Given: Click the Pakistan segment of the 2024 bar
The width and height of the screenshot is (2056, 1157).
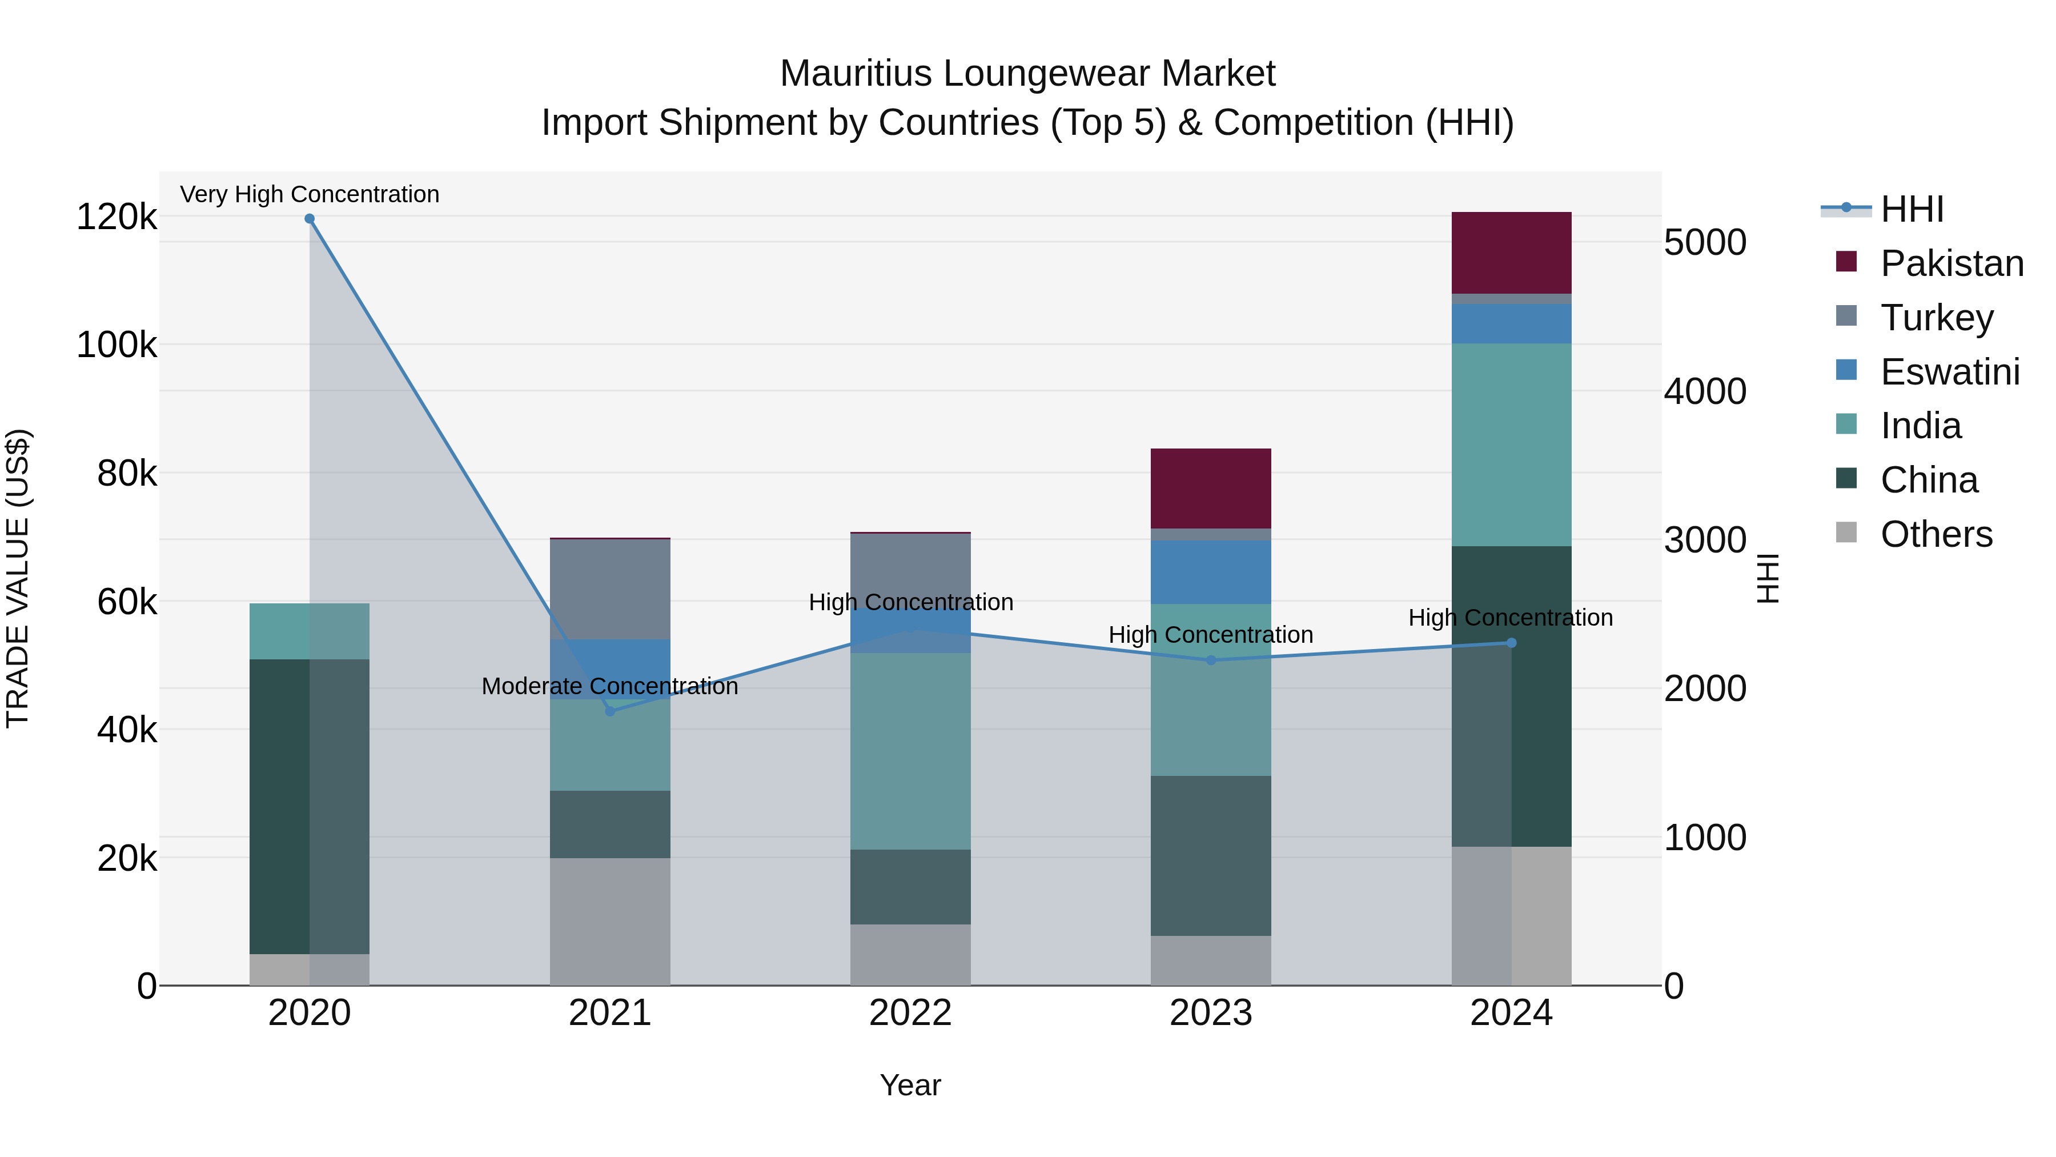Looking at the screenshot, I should (x=1511, y=253).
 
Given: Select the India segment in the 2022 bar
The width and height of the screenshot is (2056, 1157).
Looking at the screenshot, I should (x=910, y=751).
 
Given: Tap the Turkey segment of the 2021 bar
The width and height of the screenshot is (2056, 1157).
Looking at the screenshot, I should (x=610, y=589).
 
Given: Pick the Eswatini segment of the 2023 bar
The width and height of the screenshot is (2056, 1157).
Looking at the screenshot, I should (x=1210, y=572).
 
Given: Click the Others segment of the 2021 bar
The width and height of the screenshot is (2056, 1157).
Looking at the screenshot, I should (x=610, y=922).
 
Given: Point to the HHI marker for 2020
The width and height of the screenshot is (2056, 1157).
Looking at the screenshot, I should (x=310, y=219).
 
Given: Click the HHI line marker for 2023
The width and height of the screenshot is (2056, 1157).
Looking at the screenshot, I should (x=1211, y=660).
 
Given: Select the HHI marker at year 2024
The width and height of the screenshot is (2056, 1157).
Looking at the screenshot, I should (x=1511, y=643).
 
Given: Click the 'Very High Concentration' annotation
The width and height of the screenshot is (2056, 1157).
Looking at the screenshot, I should (x=310, y=194).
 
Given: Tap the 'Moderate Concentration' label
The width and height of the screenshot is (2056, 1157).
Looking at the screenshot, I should (x=610, y=686).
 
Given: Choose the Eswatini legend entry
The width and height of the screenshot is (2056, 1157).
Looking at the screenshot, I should (x=1949, y=372).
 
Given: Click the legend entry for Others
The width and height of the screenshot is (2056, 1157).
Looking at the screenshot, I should (x=1935, y=534).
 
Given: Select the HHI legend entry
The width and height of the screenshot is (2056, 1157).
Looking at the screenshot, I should (x=1911, y=209).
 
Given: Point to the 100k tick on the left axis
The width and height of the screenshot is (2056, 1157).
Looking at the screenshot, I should (x=117, y=345).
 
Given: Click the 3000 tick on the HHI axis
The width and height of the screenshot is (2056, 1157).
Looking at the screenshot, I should (x=1705, y=540).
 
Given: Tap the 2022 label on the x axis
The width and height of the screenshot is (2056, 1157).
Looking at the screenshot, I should (x=910, y=1013).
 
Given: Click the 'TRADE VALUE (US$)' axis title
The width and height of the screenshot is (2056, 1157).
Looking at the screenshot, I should (x=18, y=578).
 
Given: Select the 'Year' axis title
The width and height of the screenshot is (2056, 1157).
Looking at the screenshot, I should (x=910, y=1085).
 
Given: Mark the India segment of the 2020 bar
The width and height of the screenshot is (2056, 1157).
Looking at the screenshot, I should (x=310, y=631).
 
